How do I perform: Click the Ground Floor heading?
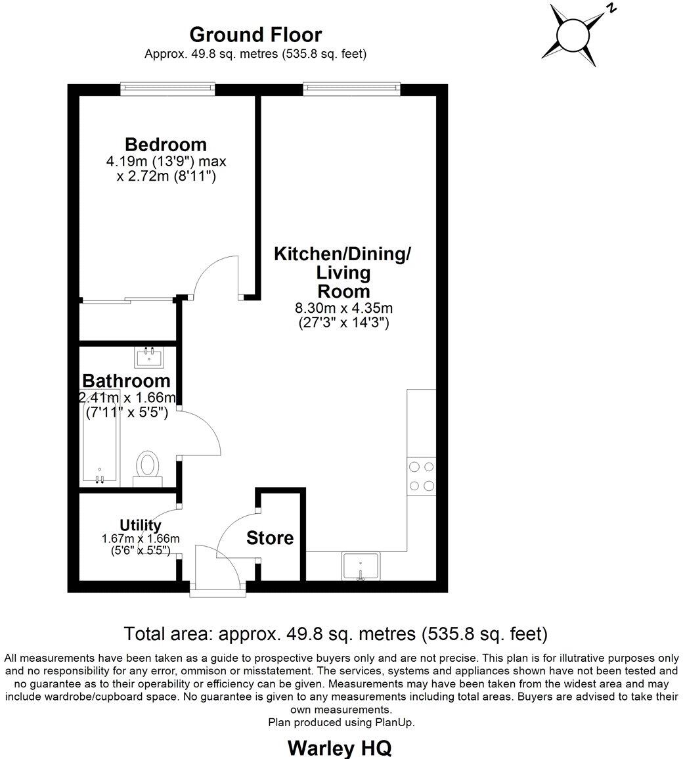click(255, 34)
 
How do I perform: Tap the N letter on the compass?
click(611, 9)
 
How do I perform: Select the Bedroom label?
click(165, 145)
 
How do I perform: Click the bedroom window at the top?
click(167, 84)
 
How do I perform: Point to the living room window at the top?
click(351, 84)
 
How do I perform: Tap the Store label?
click(270, 538)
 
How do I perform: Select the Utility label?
click(141, 525)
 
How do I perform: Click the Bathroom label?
click(126, 381)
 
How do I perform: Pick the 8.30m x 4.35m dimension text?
click(344, 308)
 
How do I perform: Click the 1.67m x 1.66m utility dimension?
click(141, 539)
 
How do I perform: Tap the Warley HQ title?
click(340, 747)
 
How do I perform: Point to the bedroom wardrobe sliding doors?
click(128, 301)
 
